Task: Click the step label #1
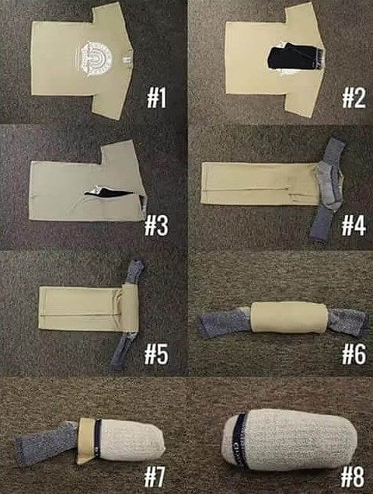(x=156, y=98)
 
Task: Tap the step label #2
(x=354, y=98)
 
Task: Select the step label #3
(x=156, y=225)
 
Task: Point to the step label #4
(x=354, y=225)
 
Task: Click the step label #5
(x=156, y=354)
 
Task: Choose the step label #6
(x=354, y=354)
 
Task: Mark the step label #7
(x=155, y=477)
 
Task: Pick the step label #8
(x=353, y=477)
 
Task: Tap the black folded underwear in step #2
(x=295, y=57)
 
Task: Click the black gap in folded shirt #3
(x=109, y=192)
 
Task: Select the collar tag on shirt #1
(x=127, y=59)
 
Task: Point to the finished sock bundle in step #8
(x=289, y=439)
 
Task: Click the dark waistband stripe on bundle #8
(x=239, y=440)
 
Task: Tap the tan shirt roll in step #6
(x=289, y=318)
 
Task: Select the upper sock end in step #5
(x=134, y=272)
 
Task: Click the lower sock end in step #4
(x=322, y=223)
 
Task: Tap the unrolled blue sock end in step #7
(x=47, y=443)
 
